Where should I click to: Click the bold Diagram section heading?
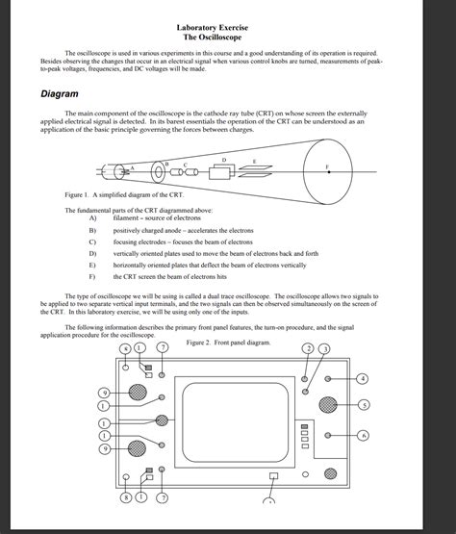[x=59, y=94]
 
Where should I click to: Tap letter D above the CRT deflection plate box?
[x=224, y=158]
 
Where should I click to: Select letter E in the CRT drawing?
[x=254, y=161]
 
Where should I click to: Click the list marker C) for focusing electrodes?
[x=92, y=242]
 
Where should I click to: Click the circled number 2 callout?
[x=308, y=347]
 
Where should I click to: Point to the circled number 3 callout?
[x=325, y=347]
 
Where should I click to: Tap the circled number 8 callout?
[x=126, y=497]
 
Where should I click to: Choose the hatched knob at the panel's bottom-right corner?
[x=330, y=474]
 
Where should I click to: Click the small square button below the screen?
[x=274, y=476]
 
